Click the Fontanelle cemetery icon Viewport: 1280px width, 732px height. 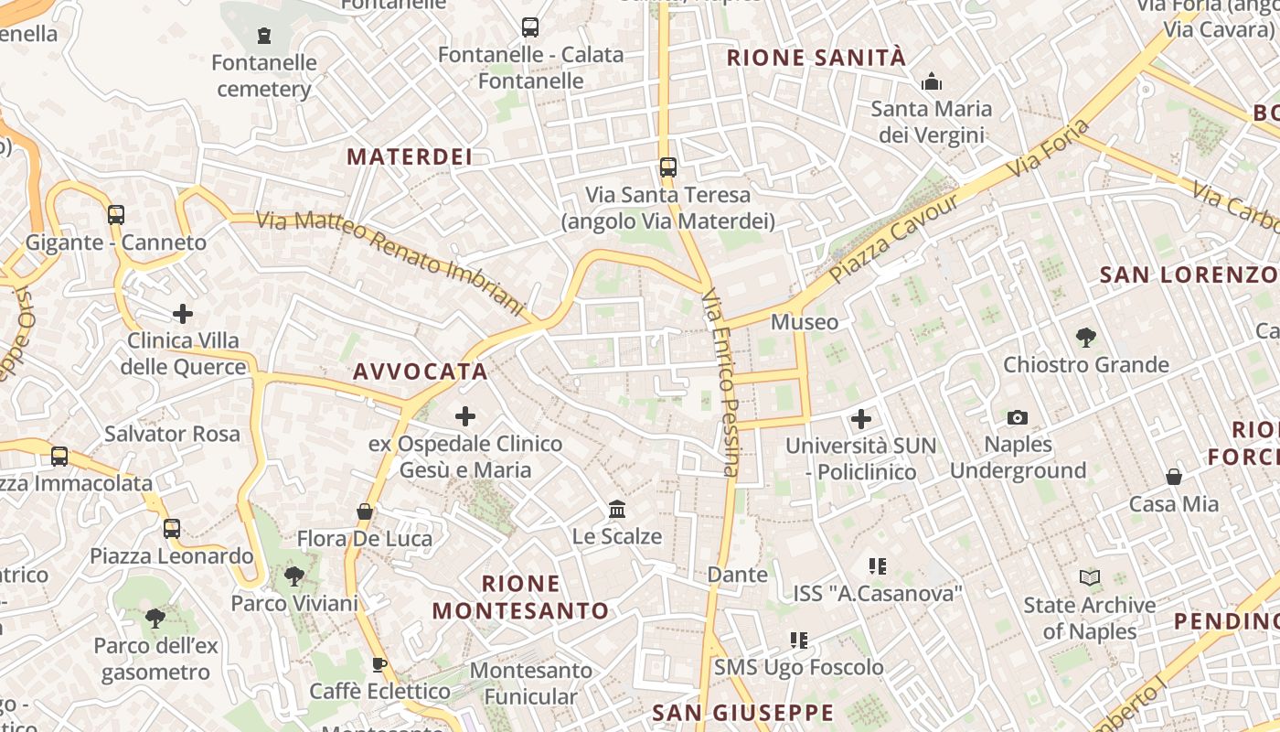pos(264,36)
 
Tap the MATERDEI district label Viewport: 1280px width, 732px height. pos(410,157)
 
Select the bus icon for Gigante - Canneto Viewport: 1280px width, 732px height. pos(116,215)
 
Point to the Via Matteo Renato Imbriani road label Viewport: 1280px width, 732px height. pos(389,265)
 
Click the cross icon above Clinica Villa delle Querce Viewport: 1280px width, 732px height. pos(183,314)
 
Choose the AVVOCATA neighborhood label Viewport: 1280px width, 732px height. pos(421,371)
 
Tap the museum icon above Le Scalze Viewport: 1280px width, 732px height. pos(617,509)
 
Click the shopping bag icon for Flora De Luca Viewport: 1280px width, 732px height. pos(365,511)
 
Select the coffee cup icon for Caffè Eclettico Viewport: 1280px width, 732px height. pos(379,664)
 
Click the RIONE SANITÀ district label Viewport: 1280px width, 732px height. pos(816,59)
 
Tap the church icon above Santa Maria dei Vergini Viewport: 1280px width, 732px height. pos(932,82)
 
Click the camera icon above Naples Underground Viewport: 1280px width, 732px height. pos(1017,418)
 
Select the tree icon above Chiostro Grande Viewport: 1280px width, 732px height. pos(1086,338)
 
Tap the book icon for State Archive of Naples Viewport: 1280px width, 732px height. pos(1089,578)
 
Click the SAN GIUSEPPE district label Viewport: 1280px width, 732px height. pos(743,713)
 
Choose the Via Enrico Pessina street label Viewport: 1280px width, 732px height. pos(720,382)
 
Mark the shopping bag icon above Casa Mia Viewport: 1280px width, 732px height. pos(1174,477)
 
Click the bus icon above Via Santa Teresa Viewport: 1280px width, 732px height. pos(668,167)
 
